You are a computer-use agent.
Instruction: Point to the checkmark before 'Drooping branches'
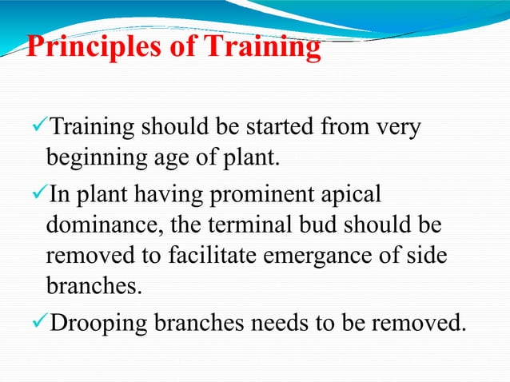pos(38,324)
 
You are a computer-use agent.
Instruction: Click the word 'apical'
pos(347,194)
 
